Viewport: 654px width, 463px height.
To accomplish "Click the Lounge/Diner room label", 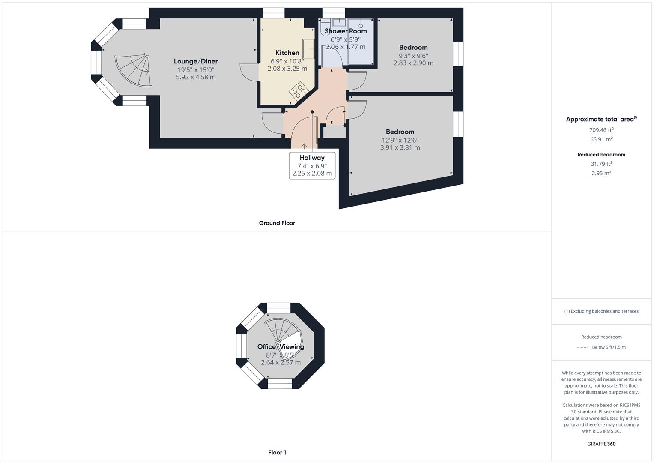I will [x=196, y=61].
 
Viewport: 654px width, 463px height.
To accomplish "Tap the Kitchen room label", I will [x=287, y=53].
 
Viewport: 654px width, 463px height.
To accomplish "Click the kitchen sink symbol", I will [x=308, y=48].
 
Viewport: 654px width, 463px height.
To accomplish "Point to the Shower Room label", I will [x=346, y=31].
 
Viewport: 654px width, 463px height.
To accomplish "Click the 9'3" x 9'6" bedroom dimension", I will [x=413, y=55].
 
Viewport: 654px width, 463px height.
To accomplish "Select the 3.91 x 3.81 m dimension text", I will [x=400, y=147].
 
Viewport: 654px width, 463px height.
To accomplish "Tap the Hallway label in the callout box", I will [x=312, y=158].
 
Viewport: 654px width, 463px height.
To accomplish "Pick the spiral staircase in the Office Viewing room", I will [x=281, y=332].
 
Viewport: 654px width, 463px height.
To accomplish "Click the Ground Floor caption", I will [x=277, y=223].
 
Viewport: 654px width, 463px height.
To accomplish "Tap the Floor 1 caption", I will [x=277, y=452].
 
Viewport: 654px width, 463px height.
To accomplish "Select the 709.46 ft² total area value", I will [x=601, y=130].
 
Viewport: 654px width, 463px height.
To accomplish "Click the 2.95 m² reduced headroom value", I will [x=601, y=173].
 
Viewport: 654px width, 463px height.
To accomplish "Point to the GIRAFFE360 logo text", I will [x=601, y=444].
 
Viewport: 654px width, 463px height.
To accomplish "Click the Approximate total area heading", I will [x=601, y=120].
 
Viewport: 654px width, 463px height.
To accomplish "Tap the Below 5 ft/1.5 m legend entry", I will [x=608, y=347].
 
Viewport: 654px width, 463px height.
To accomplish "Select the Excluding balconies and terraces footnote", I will [x=601, y=311].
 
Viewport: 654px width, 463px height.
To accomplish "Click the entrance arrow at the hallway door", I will [x=304, y=146].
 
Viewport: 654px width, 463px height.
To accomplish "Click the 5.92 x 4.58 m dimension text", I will [x=196, y=77].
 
